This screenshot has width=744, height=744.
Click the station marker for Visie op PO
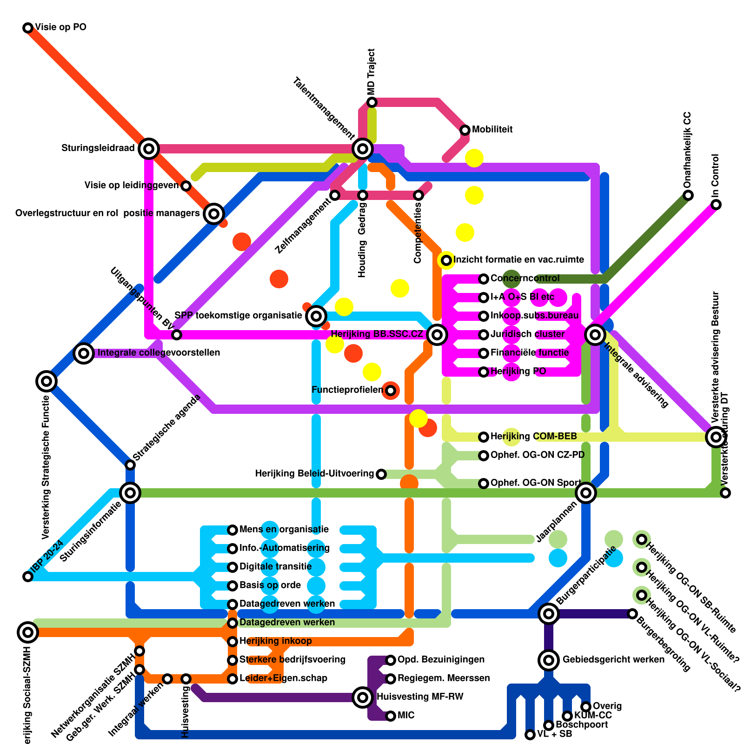click(x=28, y=28)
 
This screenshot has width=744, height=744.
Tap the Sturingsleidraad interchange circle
click(x=149, y=149)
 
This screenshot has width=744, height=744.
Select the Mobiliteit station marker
click(x=465, y=130)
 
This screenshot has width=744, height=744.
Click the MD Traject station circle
click(x=372, y=102)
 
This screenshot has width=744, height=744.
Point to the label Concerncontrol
click(x=525, y=279)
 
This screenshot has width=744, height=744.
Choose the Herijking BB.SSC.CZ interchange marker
click(x=437, y=334)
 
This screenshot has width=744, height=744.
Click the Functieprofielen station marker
click(x=391, y=390)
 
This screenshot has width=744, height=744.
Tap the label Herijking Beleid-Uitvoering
click(x=314, y=474)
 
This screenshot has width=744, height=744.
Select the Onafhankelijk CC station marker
click(x=688, y=195)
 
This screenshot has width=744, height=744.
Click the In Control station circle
click(x=716, y=205)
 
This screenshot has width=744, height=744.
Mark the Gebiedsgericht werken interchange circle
click(x=549, y=659)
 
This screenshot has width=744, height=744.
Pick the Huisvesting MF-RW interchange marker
click(x=363, y=697)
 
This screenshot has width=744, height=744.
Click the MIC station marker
click(x=391, y=716)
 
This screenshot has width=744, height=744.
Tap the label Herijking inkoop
click(x=275, y=641)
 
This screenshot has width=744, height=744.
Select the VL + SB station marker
click(x=530, y=735)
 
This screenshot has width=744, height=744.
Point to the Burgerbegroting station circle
click(x=632, y=614)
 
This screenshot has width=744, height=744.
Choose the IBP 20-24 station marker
click(x=28, y=577)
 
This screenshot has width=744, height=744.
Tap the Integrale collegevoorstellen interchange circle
click(x=84, y=353)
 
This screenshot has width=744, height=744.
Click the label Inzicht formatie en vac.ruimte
click(x=518, y=260)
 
